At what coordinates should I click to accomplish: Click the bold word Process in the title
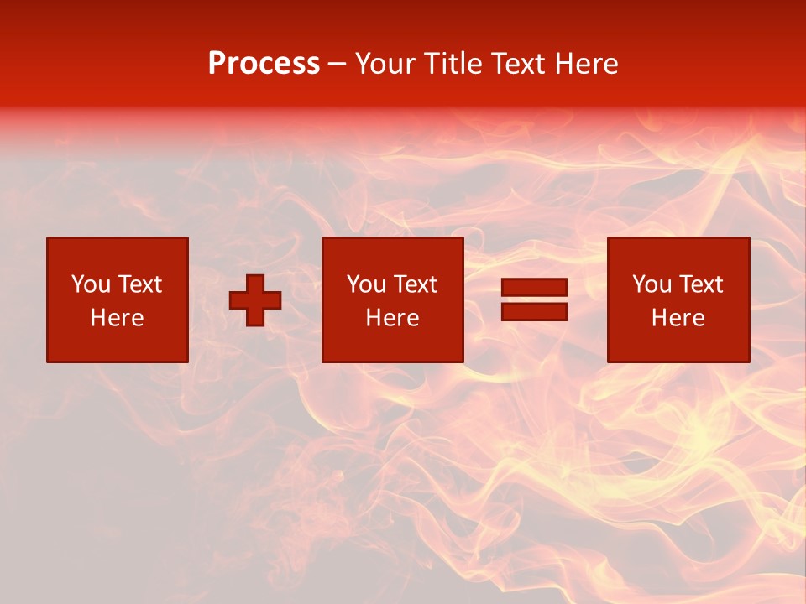[x=264, y=64]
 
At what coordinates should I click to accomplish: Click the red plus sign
[x=255, y=300]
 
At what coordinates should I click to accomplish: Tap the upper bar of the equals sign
[x=534, y=287]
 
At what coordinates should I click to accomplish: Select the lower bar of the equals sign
[x=534, y=311]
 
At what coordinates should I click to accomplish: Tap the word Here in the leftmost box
[x=117, y=318]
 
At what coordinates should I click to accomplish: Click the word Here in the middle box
[x=392, y=318]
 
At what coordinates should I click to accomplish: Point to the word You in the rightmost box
[x=652, y=284]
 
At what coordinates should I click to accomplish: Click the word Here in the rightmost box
[x=678, y=318]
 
